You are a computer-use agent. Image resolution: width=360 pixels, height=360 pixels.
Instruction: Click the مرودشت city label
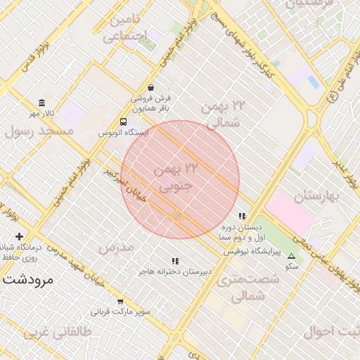click(x=28, y=279)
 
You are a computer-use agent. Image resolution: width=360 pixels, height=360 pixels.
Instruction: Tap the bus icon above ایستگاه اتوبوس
click(x=124, y=121)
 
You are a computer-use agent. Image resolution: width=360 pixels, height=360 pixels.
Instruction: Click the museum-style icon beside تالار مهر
click(x=42, y=103)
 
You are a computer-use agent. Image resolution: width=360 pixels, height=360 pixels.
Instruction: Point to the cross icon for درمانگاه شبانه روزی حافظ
click(x=20, y=236)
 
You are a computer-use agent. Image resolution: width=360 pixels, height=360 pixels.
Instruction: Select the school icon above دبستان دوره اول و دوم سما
click(x=242, y=217)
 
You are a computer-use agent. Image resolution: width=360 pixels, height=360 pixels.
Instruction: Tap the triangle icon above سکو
click(x=292, y=257)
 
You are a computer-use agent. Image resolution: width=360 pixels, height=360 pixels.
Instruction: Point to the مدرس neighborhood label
click(x=116, y=247)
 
